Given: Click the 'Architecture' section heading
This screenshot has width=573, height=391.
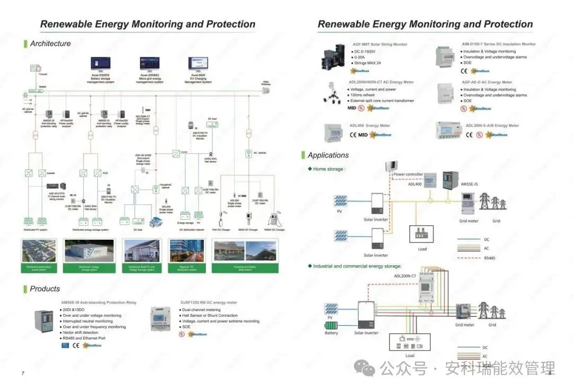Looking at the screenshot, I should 50,44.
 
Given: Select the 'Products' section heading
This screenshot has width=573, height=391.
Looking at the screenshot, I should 45,289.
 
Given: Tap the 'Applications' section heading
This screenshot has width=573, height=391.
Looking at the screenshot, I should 328,155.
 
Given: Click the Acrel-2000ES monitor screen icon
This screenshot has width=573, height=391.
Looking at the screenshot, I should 100,65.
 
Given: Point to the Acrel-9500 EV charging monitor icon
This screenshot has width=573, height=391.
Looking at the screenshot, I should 198,65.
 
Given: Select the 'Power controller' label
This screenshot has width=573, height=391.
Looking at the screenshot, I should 408,174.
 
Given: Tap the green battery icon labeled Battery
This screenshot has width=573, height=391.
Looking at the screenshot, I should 331,325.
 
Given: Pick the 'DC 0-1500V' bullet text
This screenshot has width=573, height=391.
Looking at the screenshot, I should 364,51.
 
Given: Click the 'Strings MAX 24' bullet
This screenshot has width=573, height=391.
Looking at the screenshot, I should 368,63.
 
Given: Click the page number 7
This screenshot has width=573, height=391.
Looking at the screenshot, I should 23,373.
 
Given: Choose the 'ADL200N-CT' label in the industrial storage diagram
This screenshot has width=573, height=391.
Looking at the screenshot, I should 405,276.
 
